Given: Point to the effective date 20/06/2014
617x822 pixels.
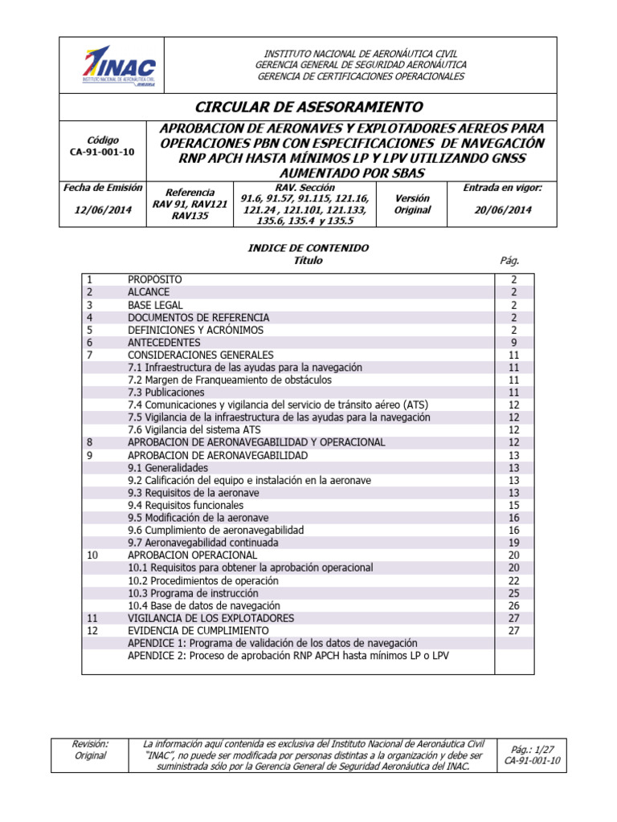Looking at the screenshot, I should pyautogui.click(x=503, y=210).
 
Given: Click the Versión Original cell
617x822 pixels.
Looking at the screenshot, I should pyautogui.click(x=412, y=204).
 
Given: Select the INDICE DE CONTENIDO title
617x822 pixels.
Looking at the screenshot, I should pyautogui.click(x=308, y=248).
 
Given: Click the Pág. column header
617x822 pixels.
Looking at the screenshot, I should pyautogui.click(x=509, y=261).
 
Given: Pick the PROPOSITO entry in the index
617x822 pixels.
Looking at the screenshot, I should pyautogui.click(x=155, y=279).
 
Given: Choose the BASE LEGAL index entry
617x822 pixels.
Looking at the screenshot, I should pyautogui.click(x=155, y=305).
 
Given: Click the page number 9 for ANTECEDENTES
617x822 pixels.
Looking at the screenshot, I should pyautogui.click(x=514, y=342).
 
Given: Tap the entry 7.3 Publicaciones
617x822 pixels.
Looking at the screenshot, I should pyautogui.click(x=165, y=393).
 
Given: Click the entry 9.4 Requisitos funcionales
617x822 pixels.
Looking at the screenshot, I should pyautogui.click(x=185, y=506).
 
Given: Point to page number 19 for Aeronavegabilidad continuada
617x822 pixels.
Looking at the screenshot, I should pyautogui.click(x=514, y=543).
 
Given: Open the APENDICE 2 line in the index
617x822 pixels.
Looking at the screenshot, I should pyautogui.click(x=288, y=656).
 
